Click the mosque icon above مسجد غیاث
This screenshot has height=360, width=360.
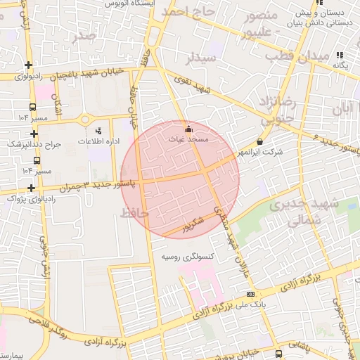[x=188, y=130]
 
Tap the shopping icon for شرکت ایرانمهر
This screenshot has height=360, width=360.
[x=260, y=141]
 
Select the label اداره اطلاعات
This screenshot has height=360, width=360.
[x=98, y=142]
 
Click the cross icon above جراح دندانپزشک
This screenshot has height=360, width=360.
[x=34, y=133]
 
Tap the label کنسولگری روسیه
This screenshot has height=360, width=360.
[x=188, y=256]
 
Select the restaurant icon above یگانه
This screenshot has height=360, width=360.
[x=340, y=55]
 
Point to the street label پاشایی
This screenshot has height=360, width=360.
[x=299, y=346]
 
